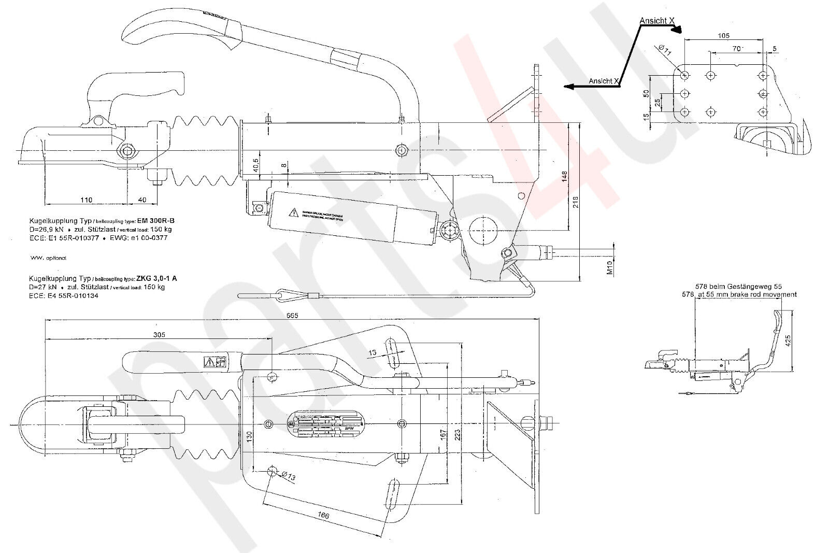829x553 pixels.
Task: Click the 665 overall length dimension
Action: click(292, 315)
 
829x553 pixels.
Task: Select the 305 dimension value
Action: click(159, 335)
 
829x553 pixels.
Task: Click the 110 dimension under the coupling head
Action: click(86, 200)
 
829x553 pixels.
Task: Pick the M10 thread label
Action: click(610, 267)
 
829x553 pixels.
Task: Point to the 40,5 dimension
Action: click(256, 165)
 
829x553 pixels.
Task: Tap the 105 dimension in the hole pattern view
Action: click(724, 35)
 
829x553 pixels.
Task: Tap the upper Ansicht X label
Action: click(657, 20)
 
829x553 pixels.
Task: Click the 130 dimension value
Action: click(249, 435)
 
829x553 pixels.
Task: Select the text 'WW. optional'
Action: click(48, 258)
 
